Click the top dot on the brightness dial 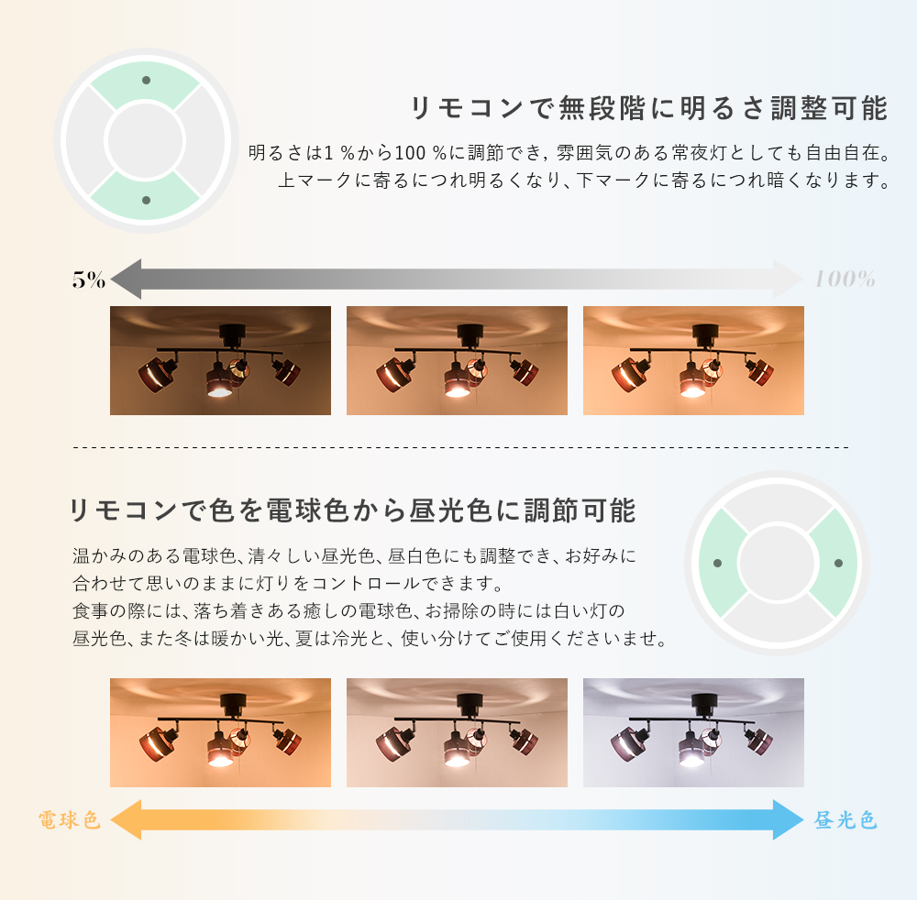(x=146, y=80)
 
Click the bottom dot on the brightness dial (x=146, y=201)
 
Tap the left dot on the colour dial (x=718, y=564)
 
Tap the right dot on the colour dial (x=839, y=564)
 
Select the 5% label (x=89, y=280)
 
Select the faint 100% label (x=845, y=280)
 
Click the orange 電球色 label (x=69, y=820)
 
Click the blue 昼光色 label (x=845, y=820)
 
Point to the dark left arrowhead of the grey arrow (x=126, y=280)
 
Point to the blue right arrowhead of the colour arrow (x=789, y=820)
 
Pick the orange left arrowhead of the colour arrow (x=126, y=820)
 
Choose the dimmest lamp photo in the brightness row (x=220, y=360)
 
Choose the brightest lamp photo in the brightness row (x=693, y=360)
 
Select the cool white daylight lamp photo (x=693, y=733)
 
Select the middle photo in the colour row (x=457, y=733)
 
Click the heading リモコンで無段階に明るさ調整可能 (x=649, y=108)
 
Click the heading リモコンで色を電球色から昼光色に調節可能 (x=353, y=510)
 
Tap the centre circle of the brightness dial (x=145, y=141)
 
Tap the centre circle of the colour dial (x=778, y=563)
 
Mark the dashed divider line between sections (x=461, y=447)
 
